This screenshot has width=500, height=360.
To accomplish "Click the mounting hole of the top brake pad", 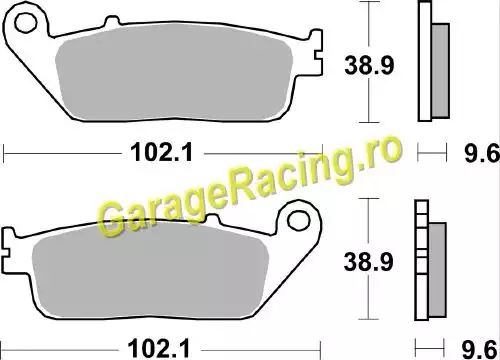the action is click(25, 22).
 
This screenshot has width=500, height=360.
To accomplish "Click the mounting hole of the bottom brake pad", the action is click(299, 221).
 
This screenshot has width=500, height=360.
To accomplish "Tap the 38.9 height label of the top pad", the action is click(369, 65).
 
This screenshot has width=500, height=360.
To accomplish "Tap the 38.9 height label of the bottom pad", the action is click(368, 262).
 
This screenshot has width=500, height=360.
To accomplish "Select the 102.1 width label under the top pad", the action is click(162, 152).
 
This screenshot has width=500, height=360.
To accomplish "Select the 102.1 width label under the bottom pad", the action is click(159, 349).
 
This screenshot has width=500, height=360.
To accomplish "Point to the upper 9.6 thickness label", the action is click(482, 153).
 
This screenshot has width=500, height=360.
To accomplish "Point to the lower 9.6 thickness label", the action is click(479, 350).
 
